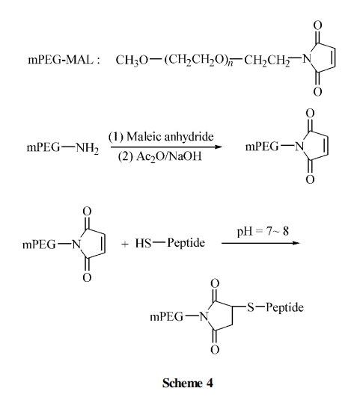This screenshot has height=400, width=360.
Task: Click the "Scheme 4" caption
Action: click(187, 383)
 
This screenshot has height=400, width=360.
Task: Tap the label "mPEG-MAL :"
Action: click(64, 60)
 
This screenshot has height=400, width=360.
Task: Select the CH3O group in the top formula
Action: click(132, 61)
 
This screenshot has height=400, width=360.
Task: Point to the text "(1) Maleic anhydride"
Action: click(161, 137)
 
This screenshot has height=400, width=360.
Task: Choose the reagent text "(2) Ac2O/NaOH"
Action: click(160, 156)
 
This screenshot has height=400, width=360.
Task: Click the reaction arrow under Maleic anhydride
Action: click(166, 147)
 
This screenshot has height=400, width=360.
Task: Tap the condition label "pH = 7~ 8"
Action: click(263, 231)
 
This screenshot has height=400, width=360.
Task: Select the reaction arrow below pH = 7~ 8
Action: click(260, 243)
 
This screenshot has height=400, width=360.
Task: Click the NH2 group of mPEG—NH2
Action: click(87, 148)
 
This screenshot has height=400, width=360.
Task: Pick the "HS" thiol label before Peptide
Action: click(143, 243)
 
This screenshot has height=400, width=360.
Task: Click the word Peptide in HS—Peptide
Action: click(186, 243)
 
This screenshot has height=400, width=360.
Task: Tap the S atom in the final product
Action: click(251, 307)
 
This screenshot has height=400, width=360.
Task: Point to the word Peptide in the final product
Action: click(284, 307)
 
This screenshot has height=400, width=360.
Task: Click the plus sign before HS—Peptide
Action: click(124, 244)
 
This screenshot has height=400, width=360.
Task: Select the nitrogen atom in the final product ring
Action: click(204, 317)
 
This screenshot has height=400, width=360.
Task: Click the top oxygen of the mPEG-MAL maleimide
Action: click(317, 25)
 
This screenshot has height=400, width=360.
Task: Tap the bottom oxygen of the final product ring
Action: click(215, 349)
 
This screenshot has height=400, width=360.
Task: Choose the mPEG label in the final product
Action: click(166, 317)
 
